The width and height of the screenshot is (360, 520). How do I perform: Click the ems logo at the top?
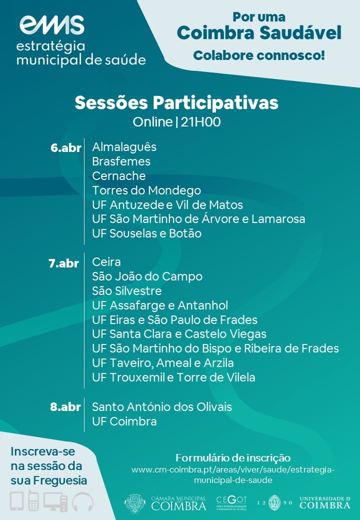[51, 25]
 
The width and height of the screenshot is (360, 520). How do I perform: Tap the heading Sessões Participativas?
[176, 103]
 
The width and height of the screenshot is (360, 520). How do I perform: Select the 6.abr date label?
[66, 148]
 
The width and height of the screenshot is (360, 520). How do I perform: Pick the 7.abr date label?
[63, 263]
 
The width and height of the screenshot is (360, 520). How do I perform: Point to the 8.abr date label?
[65, 407]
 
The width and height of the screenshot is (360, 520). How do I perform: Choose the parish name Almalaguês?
[124, 147]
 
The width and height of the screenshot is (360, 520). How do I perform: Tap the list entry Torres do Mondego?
[146, 190]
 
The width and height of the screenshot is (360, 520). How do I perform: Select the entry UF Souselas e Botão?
[147, 233]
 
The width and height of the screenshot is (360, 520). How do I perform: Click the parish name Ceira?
[106, 262]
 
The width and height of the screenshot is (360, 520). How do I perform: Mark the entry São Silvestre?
[127, 291]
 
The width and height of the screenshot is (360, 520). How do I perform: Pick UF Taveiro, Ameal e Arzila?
[163, 363]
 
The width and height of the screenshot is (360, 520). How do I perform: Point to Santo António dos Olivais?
[162, 407]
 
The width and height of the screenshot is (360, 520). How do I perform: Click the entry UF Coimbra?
[124, 421]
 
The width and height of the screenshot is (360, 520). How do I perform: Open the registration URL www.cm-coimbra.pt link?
[233, 475]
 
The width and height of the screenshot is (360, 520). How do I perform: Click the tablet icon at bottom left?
[17, 501]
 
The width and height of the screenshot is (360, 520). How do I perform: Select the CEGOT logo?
[231, 503]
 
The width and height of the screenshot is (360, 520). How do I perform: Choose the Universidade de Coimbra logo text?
[325, 503]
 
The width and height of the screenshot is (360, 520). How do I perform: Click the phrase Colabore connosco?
[259, 55]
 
